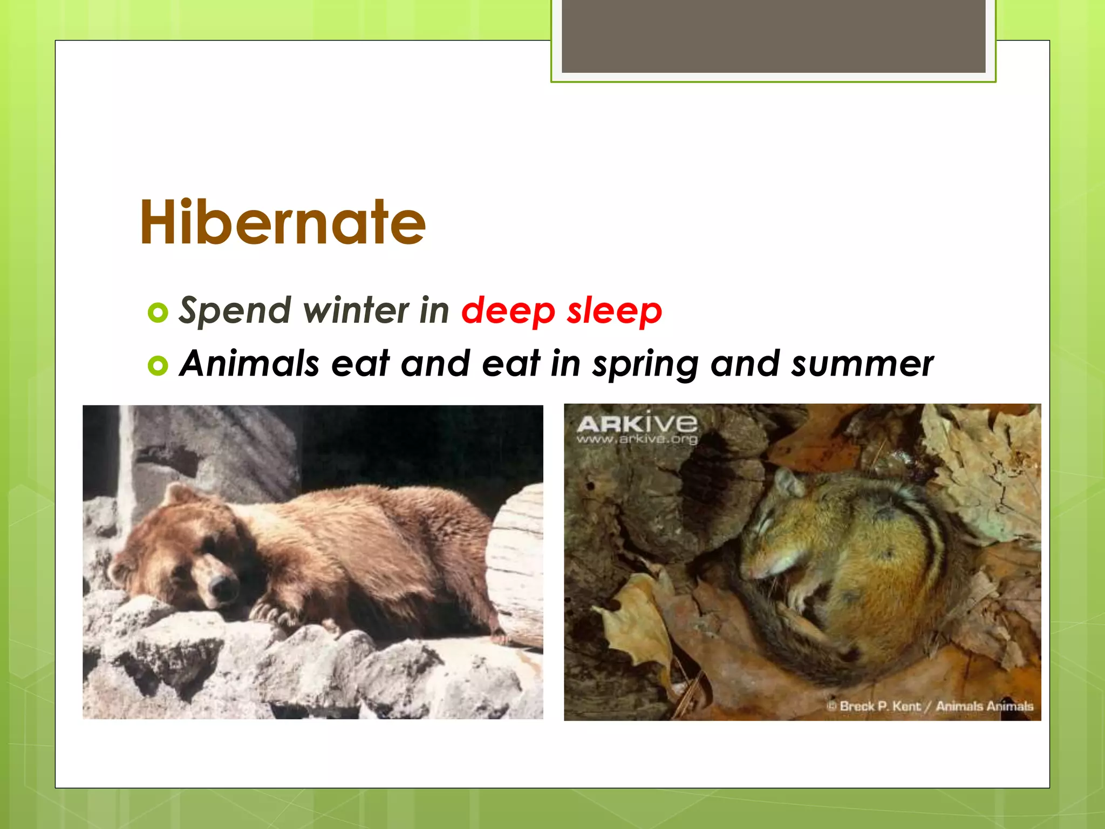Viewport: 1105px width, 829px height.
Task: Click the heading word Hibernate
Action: [x=283, y=222]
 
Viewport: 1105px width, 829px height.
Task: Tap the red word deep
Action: [x=508, y=311]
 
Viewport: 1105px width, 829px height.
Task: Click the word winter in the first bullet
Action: [x=356, y=311]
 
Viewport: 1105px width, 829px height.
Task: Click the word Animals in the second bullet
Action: [x=249, y=363]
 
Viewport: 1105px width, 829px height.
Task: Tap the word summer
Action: [x=862, y=364]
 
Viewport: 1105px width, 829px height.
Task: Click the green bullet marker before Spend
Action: [x=158, y=312]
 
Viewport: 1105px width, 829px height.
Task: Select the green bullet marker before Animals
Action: [x=158, y=365]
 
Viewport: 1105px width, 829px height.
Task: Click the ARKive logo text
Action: [x=637, y=424]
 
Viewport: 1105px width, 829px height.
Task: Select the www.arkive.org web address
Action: [x=637, y=439]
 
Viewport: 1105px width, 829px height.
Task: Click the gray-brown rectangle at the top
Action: [x=773, y=36]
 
